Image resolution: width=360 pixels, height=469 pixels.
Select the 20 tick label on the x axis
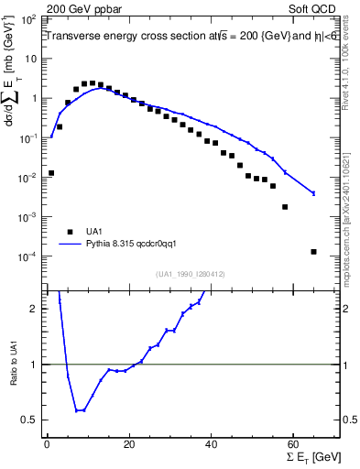click(128, 444)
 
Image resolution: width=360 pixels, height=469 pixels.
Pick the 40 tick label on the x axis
click(211, 444)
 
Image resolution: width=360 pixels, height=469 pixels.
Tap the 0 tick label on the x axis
click(47, 444)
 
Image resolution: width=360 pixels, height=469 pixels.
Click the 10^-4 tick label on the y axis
click(29, 256)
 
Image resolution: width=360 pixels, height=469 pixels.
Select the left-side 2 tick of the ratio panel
click(35, 309)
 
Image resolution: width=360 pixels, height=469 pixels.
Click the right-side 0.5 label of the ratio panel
click(349, 420)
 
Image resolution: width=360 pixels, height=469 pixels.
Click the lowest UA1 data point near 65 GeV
click(313, 252)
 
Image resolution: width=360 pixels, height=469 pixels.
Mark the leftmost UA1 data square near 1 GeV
click(51, 172)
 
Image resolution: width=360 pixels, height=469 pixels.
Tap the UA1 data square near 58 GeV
click(285, 207)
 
